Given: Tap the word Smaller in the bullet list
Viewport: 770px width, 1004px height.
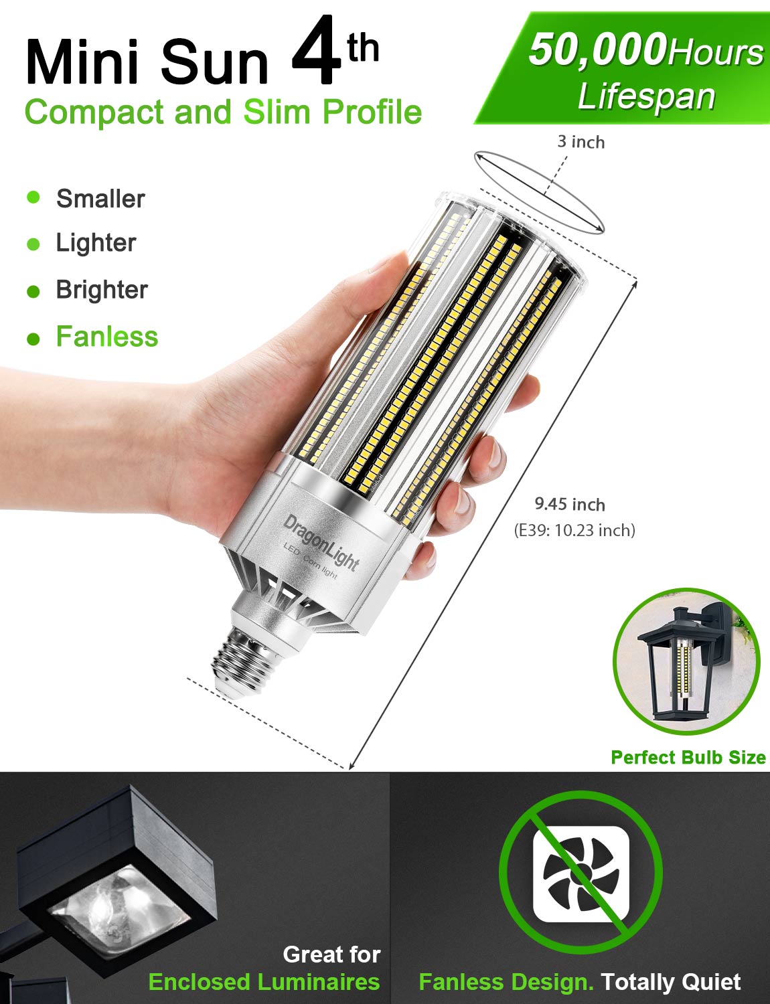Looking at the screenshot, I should click(x=100, y=199).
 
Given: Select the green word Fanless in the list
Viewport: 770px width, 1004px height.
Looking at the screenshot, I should click(x=107, y=337).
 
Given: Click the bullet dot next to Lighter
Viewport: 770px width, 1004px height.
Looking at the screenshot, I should click(x=33, y=244).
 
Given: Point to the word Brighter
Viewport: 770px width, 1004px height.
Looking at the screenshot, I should click(x=102, y=290).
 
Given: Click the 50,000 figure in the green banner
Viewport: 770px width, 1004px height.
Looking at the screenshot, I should click(x=597, y=50).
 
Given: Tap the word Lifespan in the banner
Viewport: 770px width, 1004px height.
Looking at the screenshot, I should click(x=646, y=97).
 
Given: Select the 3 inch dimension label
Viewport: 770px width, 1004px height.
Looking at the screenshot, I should click(x=581, y=142).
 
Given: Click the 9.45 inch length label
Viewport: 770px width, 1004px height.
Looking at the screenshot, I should click(x=570, y=505).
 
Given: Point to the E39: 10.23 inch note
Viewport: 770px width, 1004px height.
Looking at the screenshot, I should click(x=574, y=530).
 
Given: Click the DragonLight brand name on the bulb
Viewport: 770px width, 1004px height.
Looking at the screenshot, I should click(x=321, y=542).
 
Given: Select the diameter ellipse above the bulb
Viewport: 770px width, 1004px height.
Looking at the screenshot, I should click(x=539, y=192).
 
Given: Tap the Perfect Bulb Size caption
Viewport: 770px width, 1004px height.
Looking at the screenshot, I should click(x=688, y=758).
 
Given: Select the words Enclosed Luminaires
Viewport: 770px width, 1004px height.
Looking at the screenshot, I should click(x=264, y=982).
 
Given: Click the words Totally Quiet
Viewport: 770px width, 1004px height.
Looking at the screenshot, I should click(x=670, y=982).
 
